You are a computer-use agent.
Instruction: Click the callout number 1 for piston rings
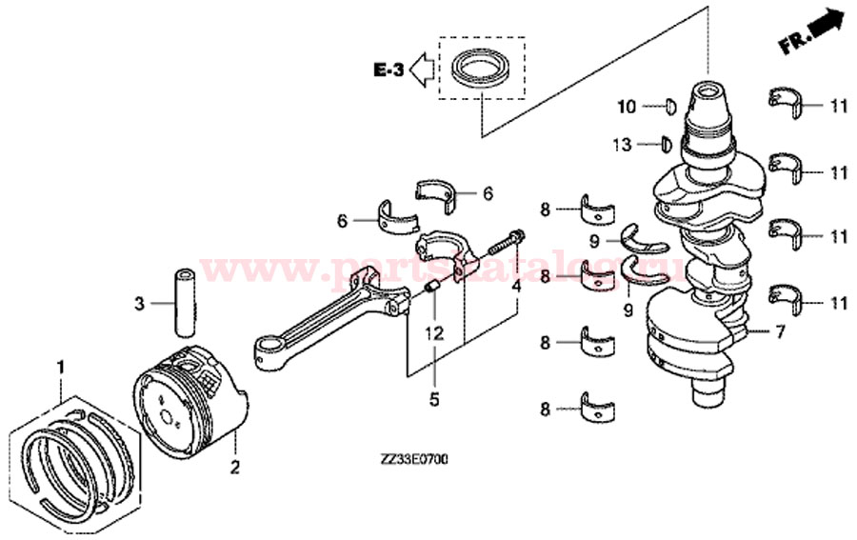[61, 367]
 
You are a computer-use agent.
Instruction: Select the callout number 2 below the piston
[235, 467]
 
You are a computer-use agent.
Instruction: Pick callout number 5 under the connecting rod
[434, 400]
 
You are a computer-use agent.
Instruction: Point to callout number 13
[622, 145]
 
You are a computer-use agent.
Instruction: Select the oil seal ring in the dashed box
[481, 70]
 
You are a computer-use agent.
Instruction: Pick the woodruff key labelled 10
[669, 107]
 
